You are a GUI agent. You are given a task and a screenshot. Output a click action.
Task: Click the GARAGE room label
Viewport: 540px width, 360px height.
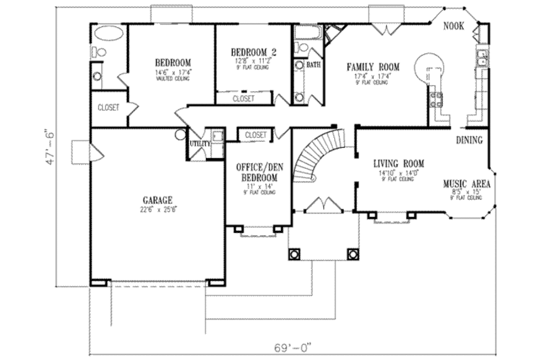pyautogui.click(x=157, y=200)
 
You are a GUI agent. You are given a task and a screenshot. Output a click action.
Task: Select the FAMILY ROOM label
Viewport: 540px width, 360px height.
pyautogui.click(x=373, y=67)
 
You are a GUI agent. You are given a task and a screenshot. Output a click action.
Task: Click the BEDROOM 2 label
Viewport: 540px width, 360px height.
pyautogui.click(x=253, y=51)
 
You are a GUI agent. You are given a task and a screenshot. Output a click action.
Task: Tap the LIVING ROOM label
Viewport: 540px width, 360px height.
pyautogui.click(x=398, y=163)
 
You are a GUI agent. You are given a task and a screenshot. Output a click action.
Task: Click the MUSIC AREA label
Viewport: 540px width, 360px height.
pyautogui.click(x=466, y=183)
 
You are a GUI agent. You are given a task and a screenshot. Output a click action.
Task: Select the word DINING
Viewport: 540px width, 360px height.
pyautogui.click(x=469, y=140)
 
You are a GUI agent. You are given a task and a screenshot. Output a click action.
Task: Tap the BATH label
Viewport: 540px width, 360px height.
pyautogui.click(x=313, y=66)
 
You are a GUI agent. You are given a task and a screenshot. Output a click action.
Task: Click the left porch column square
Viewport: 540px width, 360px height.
pyautogui.click(x=294, y=254)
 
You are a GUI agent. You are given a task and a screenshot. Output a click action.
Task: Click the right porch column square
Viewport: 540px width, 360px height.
pyautogui.click(x=351, y=254)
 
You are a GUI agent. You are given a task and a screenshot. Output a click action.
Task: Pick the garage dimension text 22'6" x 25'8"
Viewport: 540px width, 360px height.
pyautogui.click(x=157, y=209)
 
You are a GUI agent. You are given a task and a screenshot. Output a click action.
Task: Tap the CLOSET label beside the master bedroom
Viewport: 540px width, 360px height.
pyautogui.click(x=109, y=107)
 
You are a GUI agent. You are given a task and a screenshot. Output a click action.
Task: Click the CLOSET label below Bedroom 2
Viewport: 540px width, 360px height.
pyautogui.click(x=244, y=99)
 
